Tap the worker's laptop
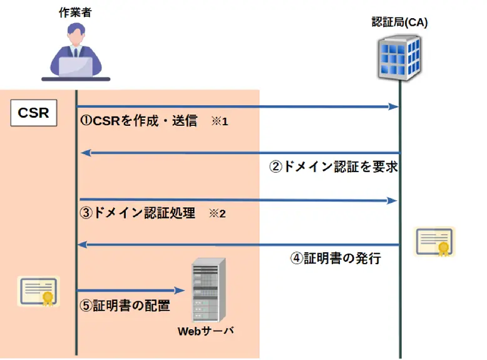pyautogui.click(x=76, y=66)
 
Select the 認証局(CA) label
pyautogui.click(x=399, y=23)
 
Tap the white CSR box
pyautogui.click(x=34, y=113)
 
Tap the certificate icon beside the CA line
pyautogui.click(x=434, y=242)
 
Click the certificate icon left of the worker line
pyautogui.click(x=39, y=291)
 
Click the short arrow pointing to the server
pyautogui.click(x=131, y=291)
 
